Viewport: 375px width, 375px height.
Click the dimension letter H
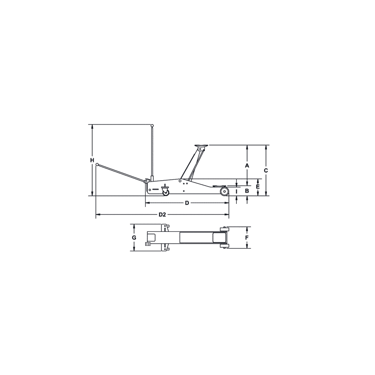pos(92,161)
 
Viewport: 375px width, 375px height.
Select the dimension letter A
pos(247,165)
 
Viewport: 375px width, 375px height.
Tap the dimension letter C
pos(266,170)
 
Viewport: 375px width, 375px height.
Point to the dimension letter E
pos(258,187)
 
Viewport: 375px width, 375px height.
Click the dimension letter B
pos(247,191)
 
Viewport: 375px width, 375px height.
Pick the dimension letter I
pos(237,191)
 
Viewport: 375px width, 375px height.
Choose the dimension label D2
pos(161,214)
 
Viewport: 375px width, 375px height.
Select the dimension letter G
pos(134,238)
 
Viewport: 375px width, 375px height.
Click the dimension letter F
pos(247,238)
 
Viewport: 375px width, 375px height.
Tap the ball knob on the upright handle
pos(152,125)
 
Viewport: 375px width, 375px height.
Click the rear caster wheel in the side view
pos(165,192)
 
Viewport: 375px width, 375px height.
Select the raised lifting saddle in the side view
pos(202,146)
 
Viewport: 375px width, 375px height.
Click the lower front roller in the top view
pos(224,246)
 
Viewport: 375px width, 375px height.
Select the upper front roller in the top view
pos(224,229)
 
